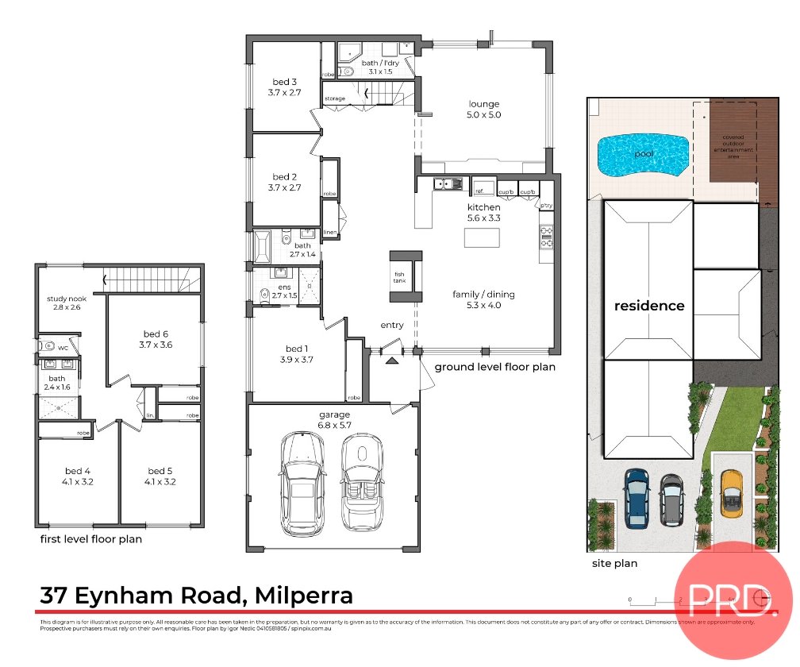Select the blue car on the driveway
coord(637,498)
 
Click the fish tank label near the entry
coord(399,278)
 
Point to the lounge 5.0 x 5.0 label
coord(485,110)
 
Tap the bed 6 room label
coord(155,339)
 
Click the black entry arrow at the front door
coord(391,360)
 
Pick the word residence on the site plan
coord(648,306)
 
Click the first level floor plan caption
coord(91,539)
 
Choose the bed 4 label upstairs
coord(77,476)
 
